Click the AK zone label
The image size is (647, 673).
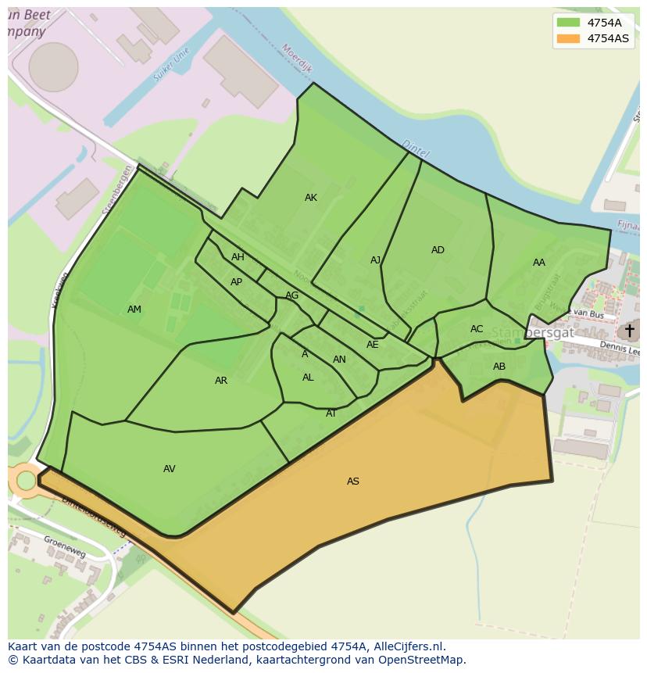pos(311,198)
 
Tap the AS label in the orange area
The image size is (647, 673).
pos(353,481)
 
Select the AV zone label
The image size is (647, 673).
pos(170,469)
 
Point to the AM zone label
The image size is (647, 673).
pos(134,310)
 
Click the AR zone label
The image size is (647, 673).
pos(221,381)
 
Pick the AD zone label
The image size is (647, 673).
pos(438,250)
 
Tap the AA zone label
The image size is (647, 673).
pos(539,263)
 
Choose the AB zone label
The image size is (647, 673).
pos(499,367)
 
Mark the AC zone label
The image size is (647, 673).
pos(477,329)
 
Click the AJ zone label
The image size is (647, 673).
pos(376,260)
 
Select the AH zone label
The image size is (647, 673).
pos(238,257)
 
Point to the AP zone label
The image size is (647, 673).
pos(236,282)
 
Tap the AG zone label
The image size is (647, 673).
pos(291,295)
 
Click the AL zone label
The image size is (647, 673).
pos(308,378)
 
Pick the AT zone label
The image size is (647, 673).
pos(331,413)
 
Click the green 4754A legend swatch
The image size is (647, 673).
pos(568,23)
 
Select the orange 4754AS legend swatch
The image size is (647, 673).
pos(568,38)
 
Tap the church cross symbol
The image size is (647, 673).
pos(629,331)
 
